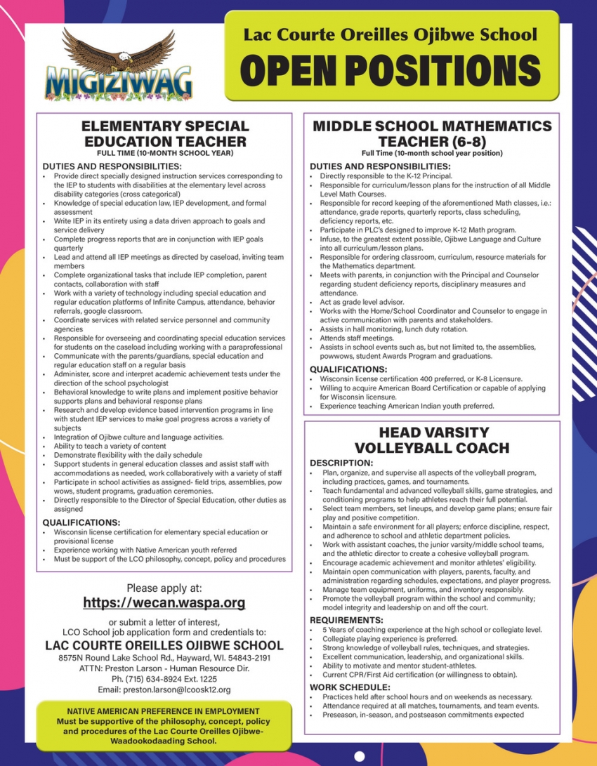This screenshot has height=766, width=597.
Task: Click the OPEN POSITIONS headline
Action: tap(391, 71)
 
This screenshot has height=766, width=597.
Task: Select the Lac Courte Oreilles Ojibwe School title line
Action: tap(391, 34)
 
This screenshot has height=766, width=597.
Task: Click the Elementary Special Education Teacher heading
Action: tap(165, 133)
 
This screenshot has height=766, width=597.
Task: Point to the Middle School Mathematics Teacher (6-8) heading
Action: tap(432, 133)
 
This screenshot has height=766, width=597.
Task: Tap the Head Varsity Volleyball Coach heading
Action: tap(432, 440)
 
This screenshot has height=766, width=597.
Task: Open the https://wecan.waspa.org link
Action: tap(164, 602)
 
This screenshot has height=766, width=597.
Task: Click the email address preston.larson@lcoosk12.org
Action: tap(165, 690)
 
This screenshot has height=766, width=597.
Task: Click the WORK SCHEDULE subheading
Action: tap(350, 687)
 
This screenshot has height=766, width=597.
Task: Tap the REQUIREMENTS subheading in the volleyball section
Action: tap(347, 621)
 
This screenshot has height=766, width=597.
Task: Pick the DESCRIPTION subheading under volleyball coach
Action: tap(341, 463)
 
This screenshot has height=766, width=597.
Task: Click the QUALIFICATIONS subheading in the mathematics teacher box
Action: tap(348, 369)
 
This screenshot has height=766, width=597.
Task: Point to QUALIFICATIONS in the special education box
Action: tap(81, 522)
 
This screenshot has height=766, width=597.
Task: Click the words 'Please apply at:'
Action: tap(164, 588)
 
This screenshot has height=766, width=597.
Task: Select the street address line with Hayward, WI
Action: tap(164, 658)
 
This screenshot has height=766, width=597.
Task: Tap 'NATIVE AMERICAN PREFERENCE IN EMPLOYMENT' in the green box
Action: tap(164, 711)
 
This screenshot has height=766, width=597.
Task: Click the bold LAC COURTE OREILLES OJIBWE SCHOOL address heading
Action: tap(164, 645)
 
